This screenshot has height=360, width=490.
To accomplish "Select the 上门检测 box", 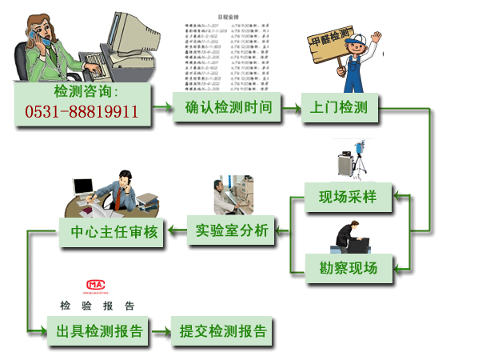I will point(339,107).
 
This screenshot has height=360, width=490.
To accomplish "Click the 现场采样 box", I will point(349,197).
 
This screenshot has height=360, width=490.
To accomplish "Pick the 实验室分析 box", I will point(232,232).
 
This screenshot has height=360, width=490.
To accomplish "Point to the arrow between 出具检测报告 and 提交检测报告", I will point(160,331).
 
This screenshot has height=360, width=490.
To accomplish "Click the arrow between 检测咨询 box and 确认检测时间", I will point(163,106).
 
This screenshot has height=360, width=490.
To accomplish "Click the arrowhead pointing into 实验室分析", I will point(280,232).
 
